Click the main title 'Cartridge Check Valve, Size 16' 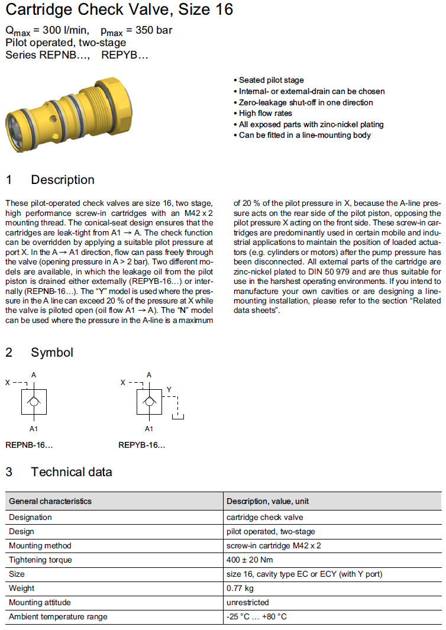[x=119, y=10]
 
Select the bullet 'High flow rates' [x=265, y=113]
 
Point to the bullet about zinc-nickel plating [x=311, y=124]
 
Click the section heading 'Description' [x=62, y=180]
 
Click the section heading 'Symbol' [x=52, y=353]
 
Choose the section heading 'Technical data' [x=71, y=472]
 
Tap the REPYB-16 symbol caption [x=141, y=445]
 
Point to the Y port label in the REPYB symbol [x=169, y=390]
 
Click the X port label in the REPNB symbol [x=7, y=383]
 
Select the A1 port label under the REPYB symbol [x=149, y=429]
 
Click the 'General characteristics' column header [x=50, y=501]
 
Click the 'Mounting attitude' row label [x=40, y=602]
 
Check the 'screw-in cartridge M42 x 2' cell [x=274, y=545]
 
